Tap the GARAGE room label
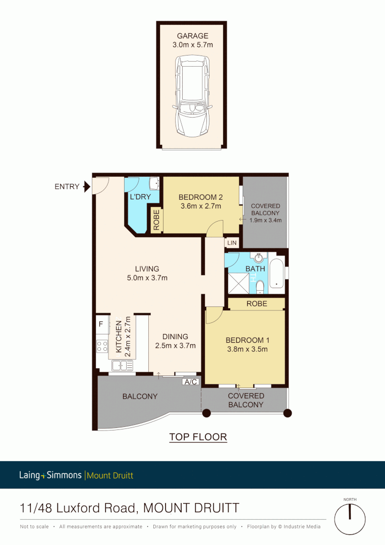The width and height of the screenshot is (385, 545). point(192,36)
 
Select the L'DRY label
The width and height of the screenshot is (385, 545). point(140,197)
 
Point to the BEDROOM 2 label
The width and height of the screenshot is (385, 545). point(201,197)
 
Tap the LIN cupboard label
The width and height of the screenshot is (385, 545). point(232,243)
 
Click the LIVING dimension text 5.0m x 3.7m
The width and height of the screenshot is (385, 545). point(147,278)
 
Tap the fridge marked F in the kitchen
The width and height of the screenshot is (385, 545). point(101,323)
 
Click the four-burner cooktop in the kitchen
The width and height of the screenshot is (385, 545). point(102,346)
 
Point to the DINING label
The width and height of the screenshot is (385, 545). point(175,337)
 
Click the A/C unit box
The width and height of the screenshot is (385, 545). point(191,382)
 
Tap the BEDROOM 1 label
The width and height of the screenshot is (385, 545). point(246,340)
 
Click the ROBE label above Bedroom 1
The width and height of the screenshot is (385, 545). point(257,304)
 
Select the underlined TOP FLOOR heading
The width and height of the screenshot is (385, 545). point(198,437)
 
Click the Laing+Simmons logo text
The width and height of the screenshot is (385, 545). point(51,475)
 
